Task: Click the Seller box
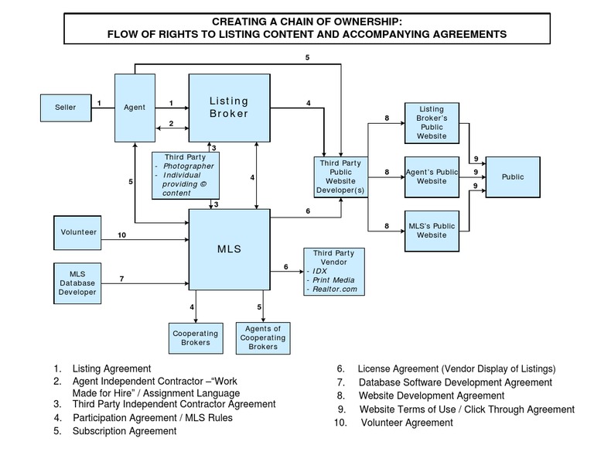point(66,108)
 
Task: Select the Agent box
point(135,108)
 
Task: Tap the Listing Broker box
point(229,108)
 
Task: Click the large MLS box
point(229,249)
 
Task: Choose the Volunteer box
point(77,232)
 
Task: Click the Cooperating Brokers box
point(190,338)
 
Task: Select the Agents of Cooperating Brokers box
point(263,338)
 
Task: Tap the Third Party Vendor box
point(333,271)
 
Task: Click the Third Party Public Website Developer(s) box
point(340,177)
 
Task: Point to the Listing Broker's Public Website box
point(432,123)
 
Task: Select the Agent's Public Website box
point(432,177)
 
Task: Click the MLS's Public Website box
point(432,231)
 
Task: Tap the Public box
point(512,177)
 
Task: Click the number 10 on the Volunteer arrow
point(121,235)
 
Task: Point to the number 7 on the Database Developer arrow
point(121,278)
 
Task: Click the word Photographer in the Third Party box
point(188,166)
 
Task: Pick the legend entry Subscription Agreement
point(125,431)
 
